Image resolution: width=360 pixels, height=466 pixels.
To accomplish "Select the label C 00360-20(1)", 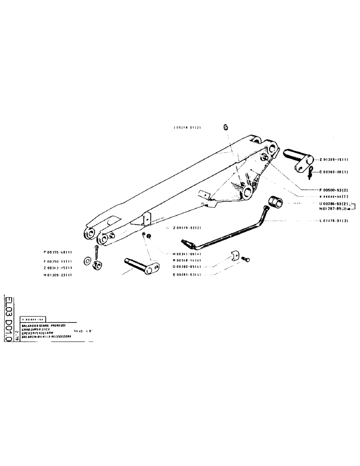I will click(x=334, y=172).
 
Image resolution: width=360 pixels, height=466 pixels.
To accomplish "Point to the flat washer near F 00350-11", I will click(x=88, y=259).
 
